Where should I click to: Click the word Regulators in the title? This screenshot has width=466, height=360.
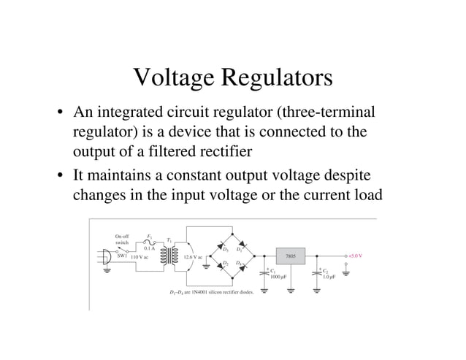tap(274, 78)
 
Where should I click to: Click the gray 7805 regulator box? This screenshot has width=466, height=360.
tap(290, 256)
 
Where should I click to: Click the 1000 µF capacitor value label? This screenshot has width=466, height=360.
tap(278, 277)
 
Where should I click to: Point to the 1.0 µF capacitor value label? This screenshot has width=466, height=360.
tap(329, 277)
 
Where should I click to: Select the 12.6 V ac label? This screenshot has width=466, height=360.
tap(193, 257)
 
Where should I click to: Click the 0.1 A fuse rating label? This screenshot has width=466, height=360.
tap(148, 248)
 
